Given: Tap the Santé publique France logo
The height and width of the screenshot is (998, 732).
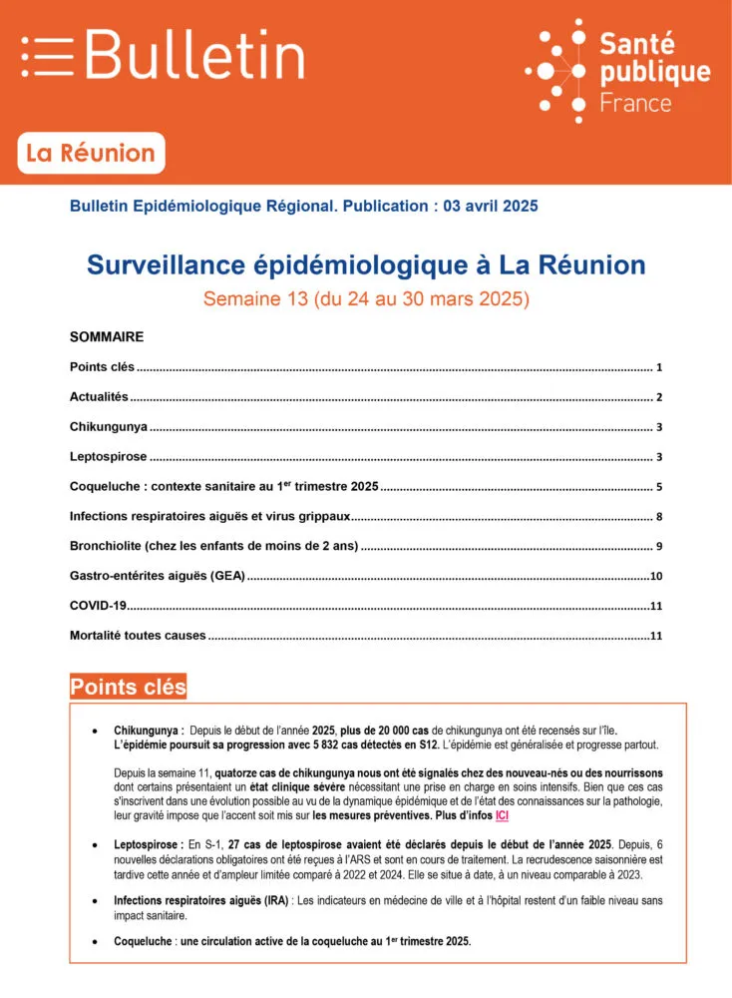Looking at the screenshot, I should click(x=618, y=70).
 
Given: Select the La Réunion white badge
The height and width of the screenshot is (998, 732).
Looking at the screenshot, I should click(x=91, y=154).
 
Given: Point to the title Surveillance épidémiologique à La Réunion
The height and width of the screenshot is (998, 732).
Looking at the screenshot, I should click(x=366, y=264).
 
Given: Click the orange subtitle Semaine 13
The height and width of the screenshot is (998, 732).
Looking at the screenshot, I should click(x=366, y=297).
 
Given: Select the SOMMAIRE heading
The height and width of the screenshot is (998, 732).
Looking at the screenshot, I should click(x=107, y=337).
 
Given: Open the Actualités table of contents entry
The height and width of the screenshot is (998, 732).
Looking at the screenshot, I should click(x=99, y=397).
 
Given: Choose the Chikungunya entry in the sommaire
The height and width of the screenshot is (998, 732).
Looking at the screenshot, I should click(x=109, y=427).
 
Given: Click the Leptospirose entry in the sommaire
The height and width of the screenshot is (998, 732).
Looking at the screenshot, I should click(x=109, y=457).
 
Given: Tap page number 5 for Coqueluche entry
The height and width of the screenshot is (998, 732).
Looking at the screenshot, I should click(x=659, y=488).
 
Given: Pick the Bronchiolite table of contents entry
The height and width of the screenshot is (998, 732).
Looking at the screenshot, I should click(x=213, y=547).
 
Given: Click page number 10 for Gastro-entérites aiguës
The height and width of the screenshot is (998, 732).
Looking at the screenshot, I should click(x=656, y=577).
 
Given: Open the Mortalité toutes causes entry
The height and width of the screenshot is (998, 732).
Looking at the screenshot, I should click(x=138, y=636).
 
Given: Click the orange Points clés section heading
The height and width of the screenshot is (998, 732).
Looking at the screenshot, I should click(x=128, y=687).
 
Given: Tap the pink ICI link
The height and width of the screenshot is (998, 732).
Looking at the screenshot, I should click(x=502, y=815).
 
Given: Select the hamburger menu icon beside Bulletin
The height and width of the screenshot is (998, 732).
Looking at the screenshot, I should click(x=48, y=56).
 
